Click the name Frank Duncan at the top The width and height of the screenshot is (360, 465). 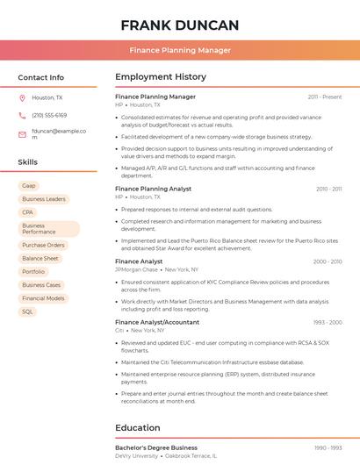tap(179, 25)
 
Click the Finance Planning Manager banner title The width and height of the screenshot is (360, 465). tap(179, 50)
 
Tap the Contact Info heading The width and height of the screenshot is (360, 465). tap(40, 77)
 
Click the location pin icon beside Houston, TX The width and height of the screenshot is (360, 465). tap(22, 98)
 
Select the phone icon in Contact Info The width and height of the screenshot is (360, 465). tap(22, 116)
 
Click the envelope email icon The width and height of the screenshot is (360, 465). tap(22, 134)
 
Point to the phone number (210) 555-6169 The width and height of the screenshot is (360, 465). tap(49, 116)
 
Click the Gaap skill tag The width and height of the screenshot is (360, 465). tap(29, 186)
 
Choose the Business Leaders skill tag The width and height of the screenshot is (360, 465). tap(44, 199)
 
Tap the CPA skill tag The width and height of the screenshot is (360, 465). tap(28, 212)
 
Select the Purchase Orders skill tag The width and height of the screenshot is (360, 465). tap(43, 246)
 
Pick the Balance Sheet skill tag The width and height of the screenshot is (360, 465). tap(40, 259)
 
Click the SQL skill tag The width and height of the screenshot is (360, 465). tap(28, 311)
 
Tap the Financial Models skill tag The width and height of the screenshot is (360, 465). tap(43, 298)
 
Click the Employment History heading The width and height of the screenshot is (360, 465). tap(161, 77)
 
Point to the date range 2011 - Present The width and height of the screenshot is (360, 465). tap(325, 97)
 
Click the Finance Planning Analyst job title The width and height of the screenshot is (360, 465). tap(154, 189)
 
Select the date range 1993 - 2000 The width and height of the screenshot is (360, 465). tap(327, 322)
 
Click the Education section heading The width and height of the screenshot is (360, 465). tap(138, 428)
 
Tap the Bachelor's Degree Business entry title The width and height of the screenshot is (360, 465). tap(156, 447)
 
